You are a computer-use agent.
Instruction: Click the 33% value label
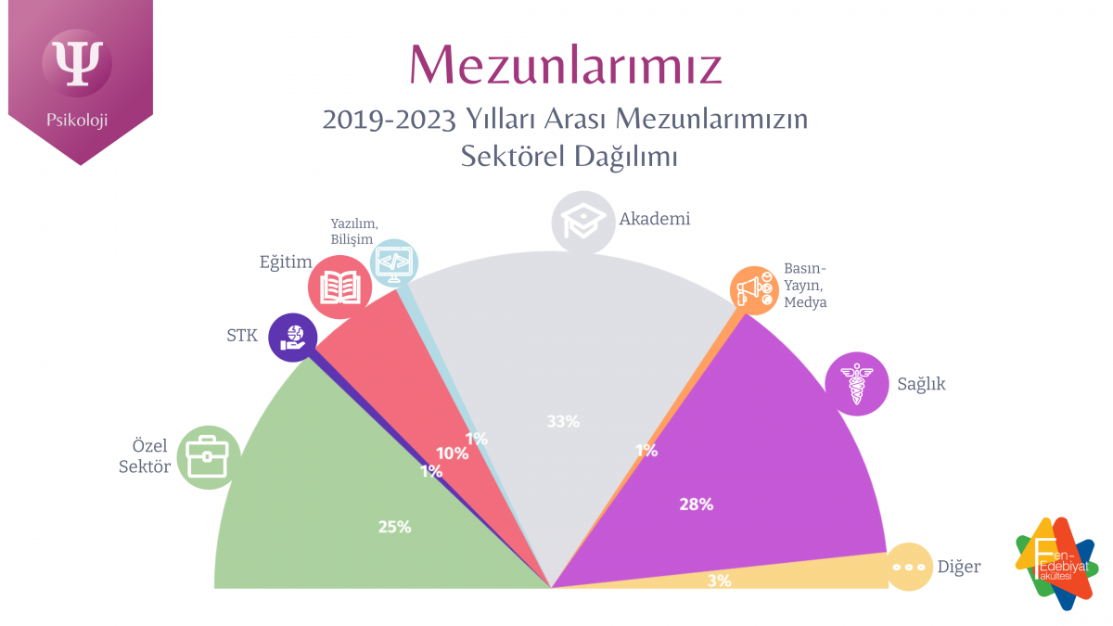(x=563, y=421)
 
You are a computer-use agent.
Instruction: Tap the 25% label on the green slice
(x=394, y=527)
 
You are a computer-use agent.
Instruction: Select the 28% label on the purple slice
(x=696, y=505)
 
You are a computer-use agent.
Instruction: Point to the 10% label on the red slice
(x=452, y=454)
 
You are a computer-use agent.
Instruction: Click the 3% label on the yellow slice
(x=719, y=581)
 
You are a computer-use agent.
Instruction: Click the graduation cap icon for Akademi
(x=583, y=223)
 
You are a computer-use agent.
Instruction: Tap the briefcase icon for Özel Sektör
(x=208, y=457)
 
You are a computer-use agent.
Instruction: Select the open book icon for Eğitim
(x=339, y=287)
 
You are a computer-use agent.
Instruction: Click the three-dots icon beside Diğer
(x=909, y=566)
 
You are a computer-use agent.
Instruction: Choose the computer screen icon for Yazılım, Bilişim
(x=394, y=262)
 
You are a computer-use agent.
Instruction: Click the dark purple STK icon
(x=292, y=336)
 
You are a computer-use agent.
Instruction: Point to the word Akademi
(x=656, y=220)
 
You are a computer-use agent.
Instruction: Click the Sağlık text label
(x=921, y=384)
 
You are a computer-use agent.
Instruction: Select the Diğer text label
(x=958, y=567)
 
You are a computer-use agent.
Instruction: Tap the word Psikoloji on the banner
(x=78, y=120)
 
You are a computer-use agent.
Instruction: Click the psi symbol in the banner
(x=78, y=62)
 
